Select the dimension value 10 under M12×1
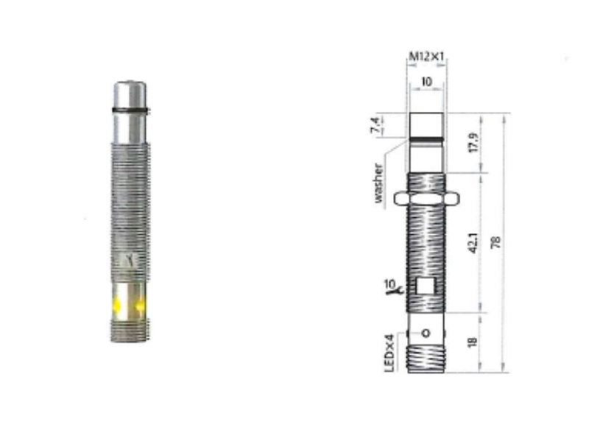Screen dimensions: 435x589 click(x=427, y=82)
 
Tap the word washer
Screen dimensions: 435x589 click(x=378, y=182)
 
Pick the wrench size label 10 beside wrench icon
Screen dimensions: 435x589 click(x=389, y=283)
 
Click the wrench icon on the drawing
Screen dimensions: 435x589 click(x=390, y=293)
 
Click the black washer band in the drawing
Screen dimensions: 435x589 click(x=427, y=138)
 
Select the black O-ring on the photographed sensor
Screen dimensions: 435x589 click(x=131, y=110)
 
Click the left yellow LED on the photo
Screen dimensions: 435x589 click(x=116, y=306)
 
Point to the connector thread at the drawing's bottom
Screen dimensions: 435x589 click(x=427, y=358)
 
